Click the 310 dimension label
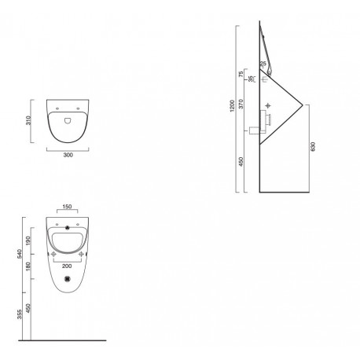click(28, 120)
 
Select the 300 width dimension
click(68, 155)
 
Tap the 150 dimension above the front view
click(67, 207)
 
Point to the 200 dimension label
click(67, 266)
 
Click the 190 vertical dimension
click(28, 241)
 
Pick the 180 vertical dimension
click(28, 266)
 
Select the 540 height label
click(20, 254)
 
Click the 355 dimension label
click(20, 314)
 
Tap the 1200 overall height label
click(232, 106)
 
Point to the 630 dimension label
click(313, 146)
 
